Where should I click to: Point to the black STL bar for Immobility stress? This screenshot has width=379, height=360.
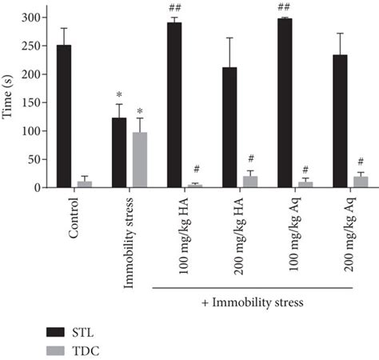coord(118,153)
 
